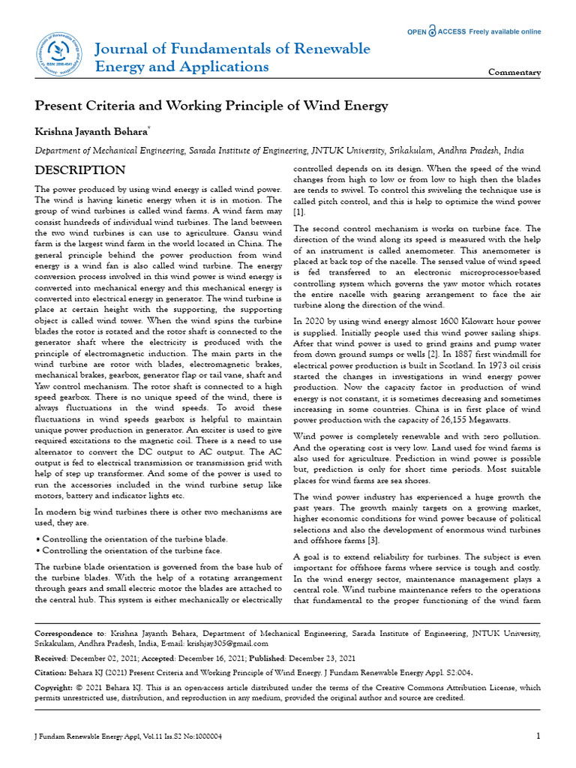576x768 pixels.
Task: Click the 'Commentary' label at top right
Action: point(514,73)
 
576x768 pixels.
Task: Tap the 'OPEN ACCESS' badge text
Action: point(436,31)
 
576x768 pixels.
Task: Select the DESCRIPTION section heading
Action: point(80,170)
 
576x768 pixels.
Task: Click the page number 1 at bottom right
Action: point(538,736)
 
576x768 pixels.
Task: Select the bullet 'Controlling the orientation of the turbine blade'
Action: point(131,539)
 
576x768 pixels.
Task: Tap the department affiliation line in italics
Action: point(279,150)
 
